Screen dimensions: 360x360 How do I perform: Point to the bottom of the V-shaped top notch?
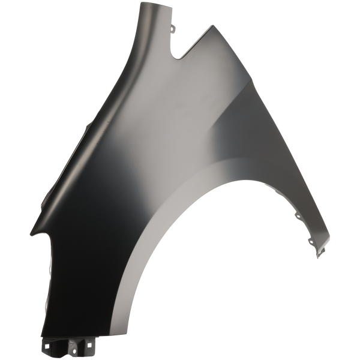click(179, 59)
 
